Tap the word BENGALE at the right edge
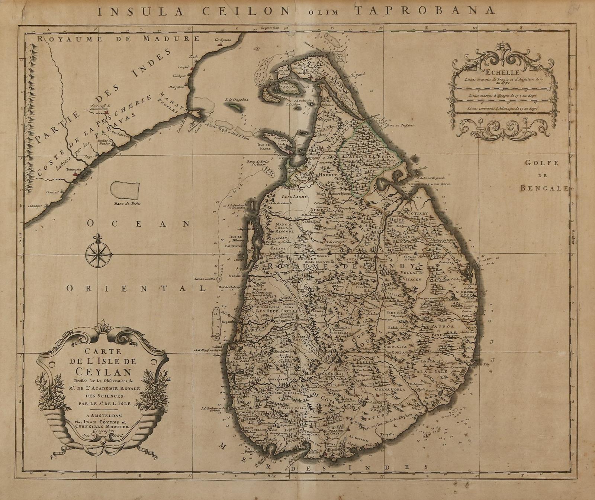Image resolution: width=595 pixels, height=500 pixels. coord(544,188)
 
